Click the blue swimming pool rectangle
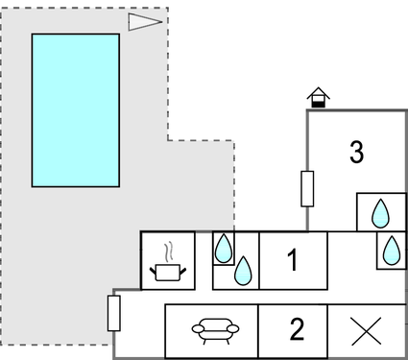point(76,109)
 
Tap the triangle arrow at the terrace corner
point(144,22)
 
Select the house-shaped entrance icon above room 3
point(318,97)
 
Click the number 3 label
point(356,152)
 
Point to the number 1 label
point(293,259)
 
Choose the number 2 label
point(297,330)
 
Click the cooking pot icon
point(168,273)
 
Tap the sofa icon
point(212,330)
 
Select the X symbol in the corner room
point(366,331)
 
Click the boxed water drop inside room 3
point(380,212)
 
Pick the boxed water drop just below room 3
point(391,251)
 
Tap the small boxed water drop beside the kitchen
point(223,249)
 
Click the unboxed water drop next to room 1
point(245,272)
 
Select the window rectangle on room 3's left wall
point(307,188)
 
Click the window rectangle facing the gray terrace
point(114,313)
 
